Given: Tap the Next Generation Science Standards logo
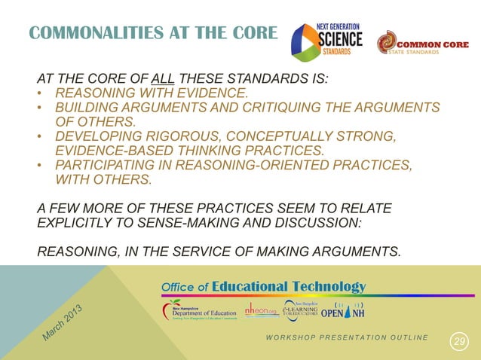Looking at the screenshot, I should (x=326, y=38).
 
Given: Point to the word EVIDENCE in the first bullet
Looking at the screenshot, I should (x=215, y=93).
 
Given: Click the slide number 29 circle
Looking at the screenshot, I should (x=458, y=343).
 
